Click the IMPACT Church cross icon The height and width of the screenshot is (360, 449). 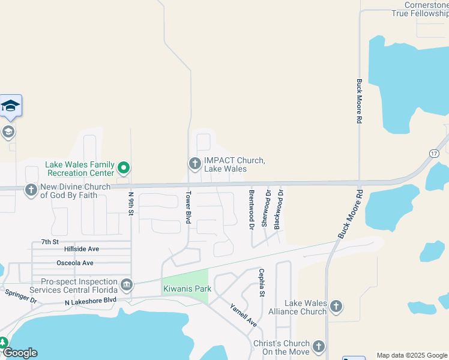click(194, 163)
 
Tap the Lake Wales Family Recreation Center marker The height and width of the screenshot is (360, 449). click(124, 167)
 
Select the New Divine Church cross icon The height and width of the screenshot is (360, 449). click(31, 190)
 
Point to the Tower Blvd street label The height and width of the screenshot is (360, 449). click(188, 208)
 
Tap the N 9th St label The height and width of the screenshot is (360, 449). click(131, 205)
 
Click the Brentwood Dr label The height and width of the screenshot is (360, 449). click(252, 209)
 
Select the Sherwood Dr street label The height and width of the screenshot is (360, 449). click(265, 208)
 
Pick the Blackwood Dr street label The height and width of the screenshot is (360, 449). click(278, 209)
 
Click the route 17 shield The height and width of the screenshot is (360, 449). click(433, 154)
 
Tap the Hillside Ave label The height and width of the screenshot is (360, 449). click(82, 248)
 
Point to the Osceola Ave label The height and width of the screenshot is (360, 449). click(75, 263)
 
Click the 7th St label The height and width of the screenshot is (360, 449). click(50, 242)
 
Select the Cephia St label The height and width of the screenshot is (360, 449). click(262, 282)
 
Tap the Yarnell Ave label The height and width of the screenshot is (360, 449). click(243, 315)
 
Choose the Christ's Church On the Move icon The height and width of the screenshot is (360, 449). click(318, 346)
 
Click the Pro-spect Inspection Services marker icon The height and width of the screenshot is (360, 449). click(127, 283)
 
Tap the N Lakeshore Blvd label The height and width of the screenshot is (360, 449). click(90, 302)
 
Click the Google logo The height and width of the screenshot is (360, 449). click(20, 353)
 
